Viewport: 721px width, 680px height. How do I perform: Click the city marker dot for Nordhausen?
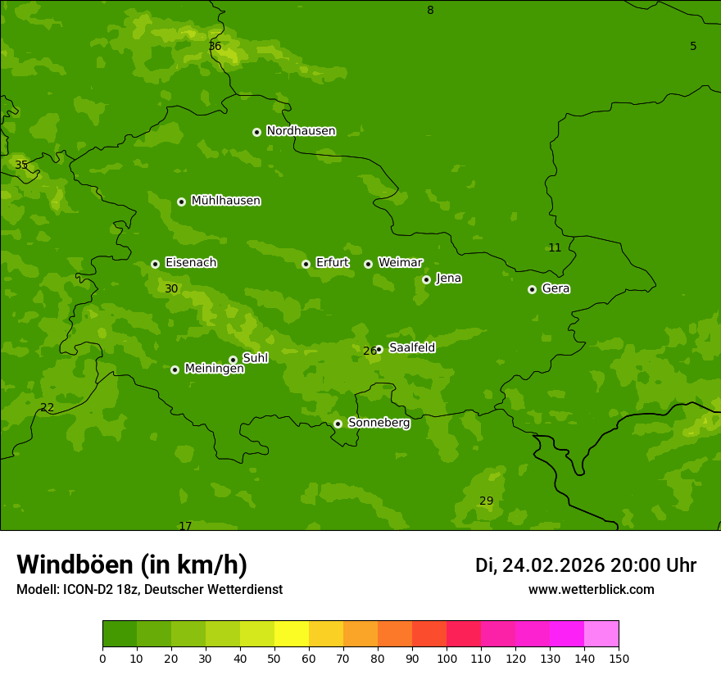256,132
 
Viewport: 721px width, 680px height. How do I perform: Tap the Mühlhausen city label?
225,201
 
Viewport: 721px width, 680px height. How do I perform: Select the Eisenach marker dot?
155,264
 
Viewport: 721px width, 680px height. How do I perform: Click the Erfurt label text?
332,263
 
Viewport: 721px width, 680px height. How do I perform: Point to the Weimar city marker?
368,264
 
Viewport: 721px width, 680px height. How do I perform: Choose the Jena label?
448,279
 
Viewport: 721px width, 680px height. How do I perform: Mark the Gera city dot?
532,289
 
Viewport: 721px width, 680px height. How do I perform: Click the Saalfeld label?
411,347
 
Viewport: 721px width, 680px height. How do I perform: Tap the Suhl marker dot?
233,360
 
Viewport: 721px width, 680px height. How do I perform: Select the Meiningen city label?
214,369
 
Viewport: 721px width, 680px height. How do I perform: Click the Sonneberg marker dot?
338,424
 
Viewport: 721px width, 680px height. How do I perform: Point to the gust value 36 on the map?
215,47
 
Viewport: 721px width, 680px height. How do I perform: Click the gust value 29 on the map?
486,501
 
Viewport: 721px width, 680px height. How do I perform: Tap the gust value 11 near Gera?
555,247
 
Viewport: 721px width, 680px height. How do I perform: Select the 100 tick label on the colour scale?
447,658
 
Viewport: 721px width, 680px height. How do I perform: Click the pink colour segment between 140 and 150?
601,634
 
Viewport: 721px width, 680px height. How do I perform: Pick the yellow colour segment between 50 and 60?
292,634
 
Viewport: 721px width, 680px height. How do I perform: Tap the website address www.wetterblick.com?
591,590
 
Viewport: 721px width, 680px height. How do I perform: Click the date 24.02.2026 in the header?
553,565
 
